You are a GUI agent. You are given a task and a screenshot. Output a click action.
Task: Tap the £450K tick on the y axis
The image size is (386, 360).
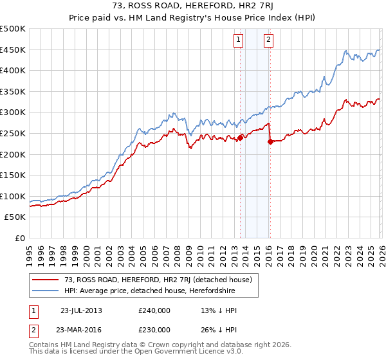13,50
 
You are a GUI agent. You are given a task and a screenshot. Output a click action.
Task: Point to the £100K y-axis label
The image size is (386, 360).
13,196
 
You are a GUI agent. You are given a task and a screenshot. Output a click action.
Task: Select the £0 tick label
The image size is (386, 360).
19,238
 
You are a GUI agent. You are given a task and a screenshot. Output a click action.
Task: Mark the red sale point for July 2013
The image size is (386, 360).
240,138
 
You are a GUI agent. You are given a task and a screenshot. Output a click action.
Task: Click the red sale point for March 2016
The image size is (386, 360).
270,142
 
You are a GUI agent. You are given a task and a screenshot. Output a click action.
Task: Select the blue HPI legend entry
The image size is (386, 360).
148,291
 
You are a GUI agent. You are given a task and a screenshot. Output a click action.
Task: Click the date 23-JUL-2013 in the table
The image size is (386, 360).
81,310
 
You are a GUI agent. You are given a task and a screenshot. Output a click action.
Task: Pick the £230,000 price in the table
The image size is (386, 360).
154,329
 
